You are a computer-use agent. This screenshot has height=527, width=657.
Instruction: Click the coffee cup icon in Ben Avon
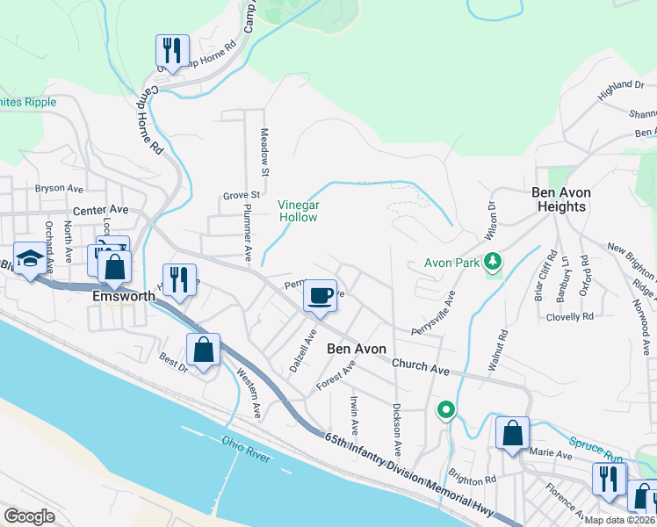(x=321, y=296)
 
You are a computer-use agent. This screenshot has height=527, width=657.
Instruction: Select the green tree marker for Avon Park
(x=494, y=261)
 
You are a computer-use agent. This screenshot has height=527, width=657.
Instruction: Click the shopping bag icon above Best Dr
(x=203, y=350)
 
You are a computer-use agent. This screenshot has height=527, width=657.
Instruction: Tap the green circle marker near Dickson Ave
(x=446, y=410)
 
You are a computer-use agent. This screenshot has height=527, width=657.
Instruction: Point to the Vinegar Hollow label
(x=298, y=210)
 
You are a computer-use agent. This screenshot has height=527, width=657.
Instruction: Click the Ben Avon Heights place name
(x=561, y=199)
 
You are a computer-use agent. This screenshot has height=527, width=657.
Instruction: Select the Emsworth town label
(x=124, y=297)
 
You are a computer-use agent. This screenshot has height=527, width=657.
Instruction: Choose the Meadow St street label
(x=263, y=150)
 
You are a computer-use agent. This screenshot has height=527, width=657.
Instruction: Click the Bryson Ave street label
(x=59, y=189)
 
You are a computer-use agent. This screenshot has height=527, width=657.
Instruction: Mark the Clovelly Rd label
(x=569, y=316)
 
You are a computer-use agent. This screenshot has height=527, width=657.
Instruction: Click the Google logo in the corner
(x=30, y=516)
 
